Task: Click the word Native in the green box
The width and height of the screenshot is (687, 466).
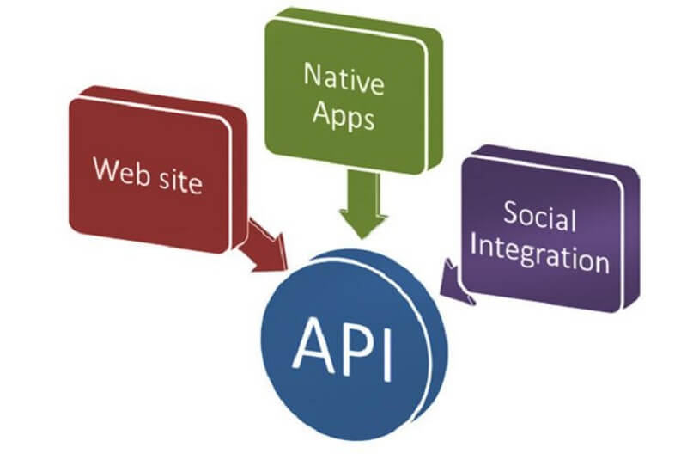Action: (x=344, y=79)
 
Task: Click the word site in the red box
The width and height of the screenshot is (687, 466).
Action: (x=180, y=180)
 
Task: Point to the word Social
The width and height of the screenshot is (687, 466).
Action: (x=539, y=216)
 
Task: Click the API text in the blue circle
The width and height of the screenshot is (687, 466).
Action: (x=342, y=349)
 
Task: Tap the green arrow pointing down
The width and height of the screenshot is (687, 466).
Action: (x=363, y=205)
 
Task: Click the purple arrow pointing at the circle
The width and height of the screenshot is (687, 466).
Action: (x=456, y=283)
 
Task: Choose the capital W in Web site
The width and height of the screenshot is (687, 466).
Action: (x=107, y=169)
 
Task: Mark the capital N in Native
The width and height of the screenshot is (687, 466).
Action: (x=313, y=74)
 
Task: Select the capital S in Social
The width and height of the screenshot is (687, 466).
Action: (x=510, y=212)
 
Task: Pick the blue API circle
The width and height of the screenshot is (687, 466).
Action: (x=354, y=345)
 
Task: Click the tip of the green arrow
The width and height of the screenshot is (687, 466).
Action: (x=362, y=239)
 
